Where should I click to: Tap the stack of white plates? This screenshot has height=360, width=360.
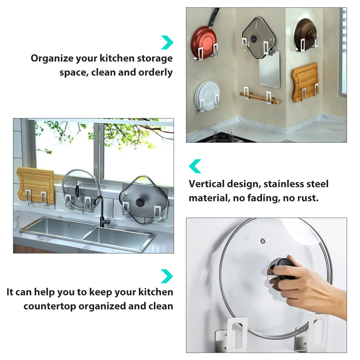[207, 96]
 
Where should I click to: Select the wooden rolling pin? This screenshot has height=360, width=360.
[259, 97]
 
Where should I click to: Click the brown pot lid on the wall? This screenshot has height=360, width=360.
[306, 34]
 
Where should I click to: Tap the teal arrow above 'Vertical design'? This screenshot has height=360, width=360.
[195, 166]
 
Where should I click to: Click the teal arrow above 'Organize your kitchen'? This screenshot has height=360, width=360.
[167, 42]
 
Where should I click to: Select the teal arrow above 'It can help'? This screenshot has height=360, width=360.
[167, 276]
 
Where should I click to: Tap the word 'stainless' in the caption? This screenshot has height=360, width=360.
[284, 184]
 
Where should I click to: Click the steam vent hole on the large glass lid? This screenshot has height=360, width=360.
[263, 241]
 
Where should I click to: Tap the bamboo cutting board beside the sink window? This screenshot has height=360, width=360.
[35, 186]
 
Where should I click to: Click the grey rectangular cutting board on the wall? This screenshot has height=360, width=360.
[270, 69]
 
